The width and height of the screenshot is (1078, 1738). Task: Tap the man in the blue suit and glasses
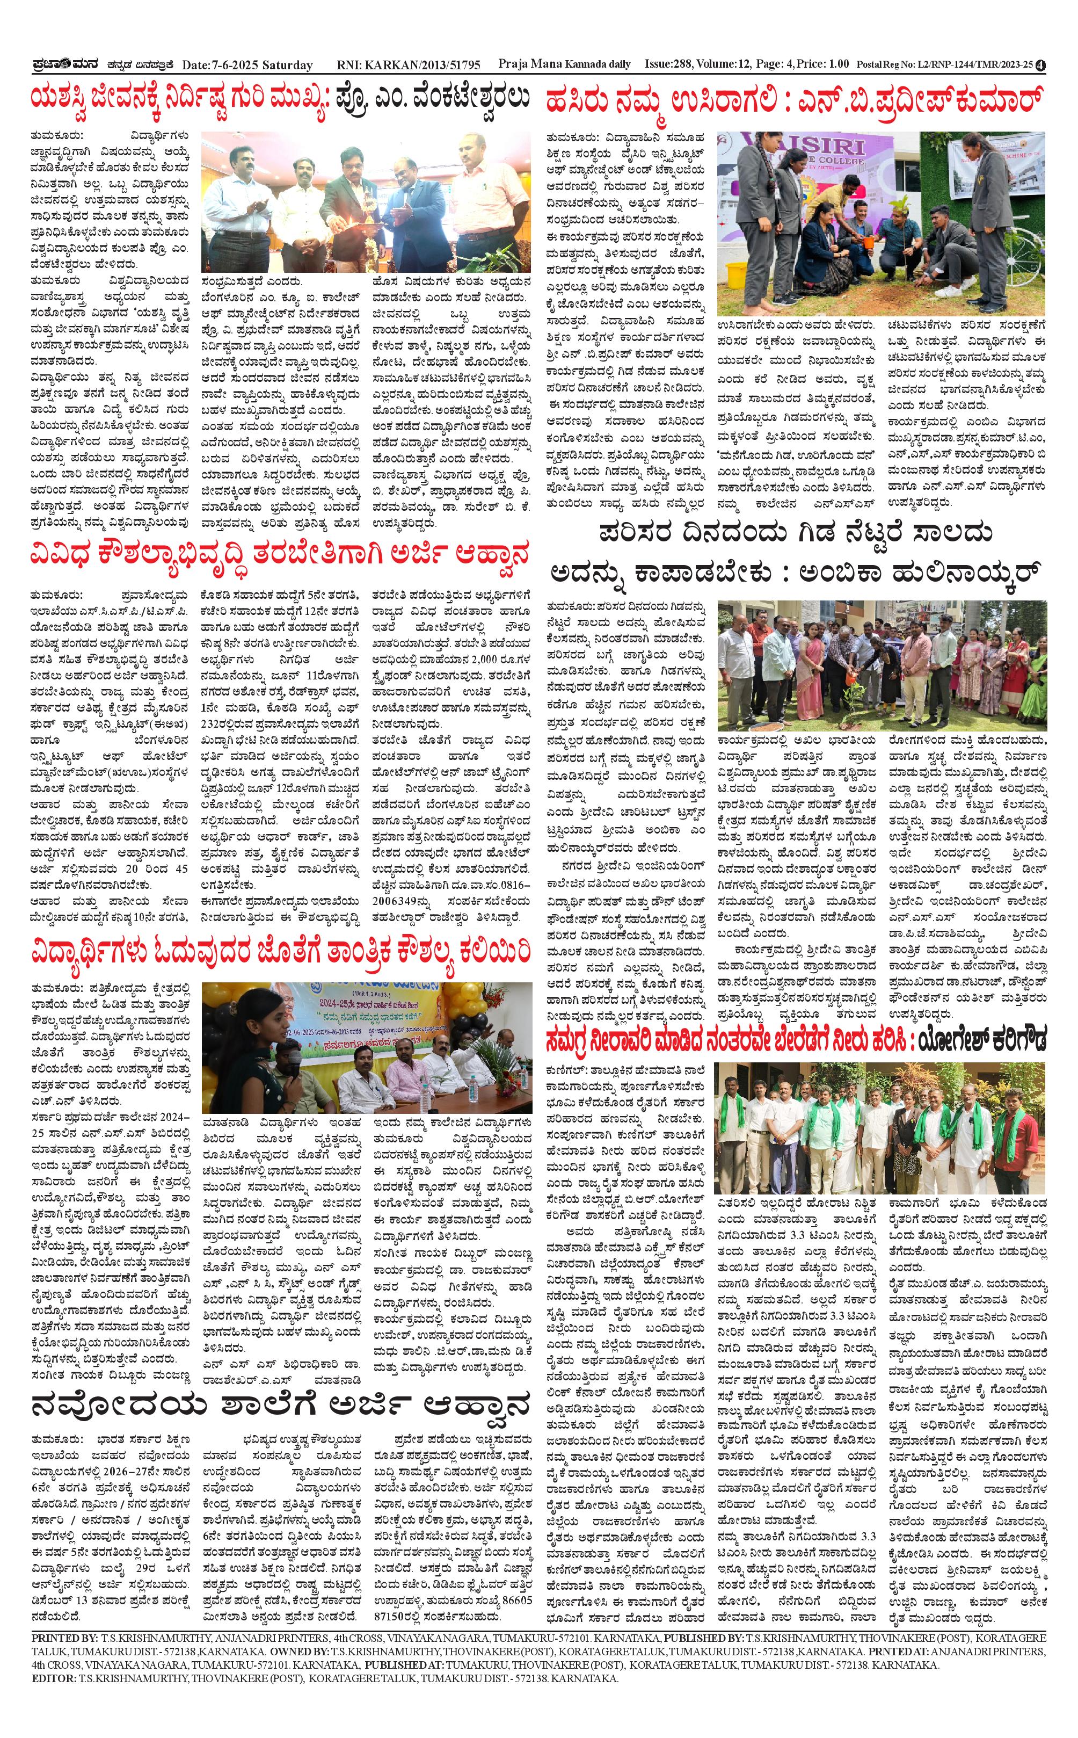point(406,207)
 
